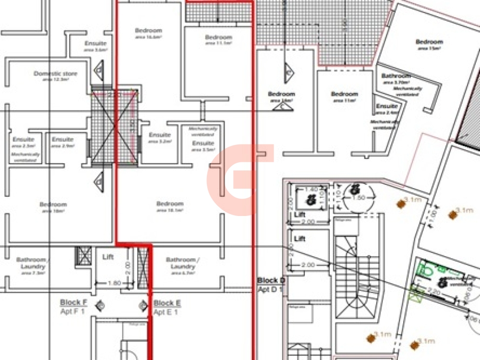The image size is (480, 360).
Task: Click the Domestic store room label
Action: [x=55, y=73]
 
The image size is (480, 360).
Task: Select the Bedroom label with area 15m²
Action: [x=429, y=42]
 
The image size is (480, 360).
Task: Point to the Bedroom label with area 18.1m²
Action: [x=170, y=204]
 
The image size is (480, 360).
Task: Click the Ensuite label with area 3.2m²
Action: [x=160, y=135]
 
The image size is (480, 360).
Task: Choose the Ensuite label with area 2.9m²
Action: [x=62, y=139]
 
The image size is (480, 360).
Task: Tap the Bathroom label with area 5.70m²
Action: [x=396, y=76]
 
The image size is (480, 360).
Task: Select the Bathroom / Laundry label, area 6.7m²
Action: [x=180, y=263]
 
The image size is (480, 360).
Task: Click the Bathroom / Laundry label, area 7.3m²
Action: [x=31, y=263]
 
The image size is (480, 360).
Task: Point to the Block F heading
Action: [x=73, y=302]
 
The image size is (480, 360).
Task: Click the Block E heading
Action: [x=167, y=303]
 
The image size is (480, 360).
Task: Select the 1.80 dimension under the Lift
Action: [x=114, y=283]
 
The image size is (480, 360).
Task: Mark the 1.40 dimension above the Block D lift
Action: [x=311, y=190]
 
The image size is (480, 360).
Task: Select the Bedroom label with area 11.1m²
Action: [x=218, y=37]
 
